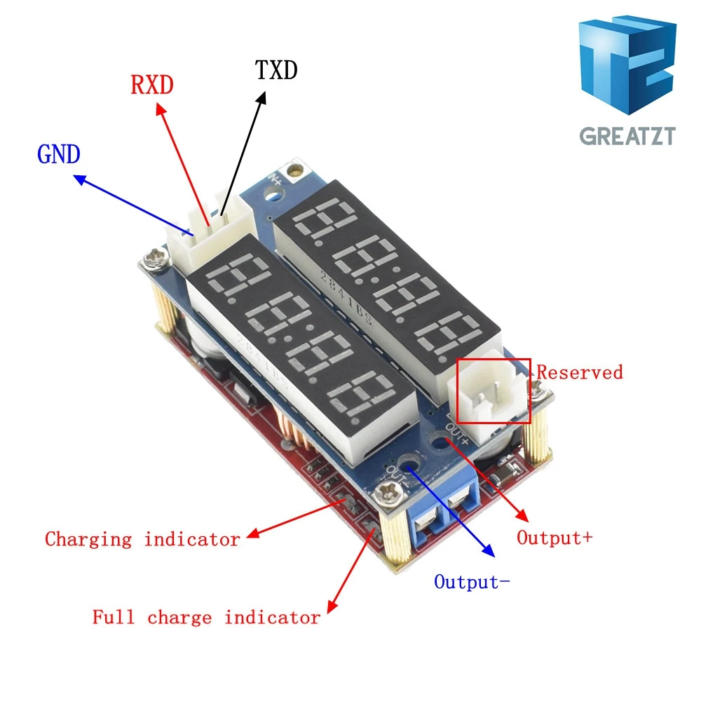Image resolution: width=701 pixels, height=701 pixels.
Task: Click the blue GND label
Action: click(59, 154)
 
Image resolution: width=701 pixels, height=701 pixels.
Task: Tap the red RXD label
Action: click(152, 85)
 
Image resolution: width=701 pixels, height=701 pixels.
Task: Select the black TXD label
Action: click(276, 70)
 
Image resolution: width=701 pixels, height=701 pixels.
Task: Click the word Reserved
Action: click(580, 372)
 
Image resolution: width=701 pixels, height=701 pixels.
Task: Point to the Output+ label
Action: click(554, 538)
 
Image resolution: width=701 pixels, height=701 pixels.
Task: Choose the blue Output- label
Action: click(472, 582)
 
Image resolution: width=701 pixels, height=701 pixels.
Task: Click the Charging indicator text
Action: click(142, 539)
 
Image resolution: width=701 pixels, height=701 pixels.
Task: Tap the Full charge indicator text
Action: click(206, 618)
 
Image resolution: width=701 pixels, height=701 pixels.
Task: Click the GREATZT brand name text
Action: click(627, 136)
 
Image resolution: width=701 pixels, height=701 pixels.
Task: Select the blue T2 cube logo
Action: click(627, 64)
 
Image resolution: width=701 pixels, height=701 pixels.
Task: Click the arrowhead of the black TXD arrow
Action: click(261, 98)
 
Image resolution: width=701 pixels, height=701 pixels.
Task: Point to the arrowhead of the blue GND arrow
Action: click(80, 179)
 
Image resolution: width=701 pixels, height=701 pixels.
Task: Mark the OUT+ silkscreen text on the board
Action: click(457, 434)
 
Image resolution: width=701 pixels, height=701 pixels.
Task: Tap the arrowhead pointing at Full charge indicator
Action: click(332, 606)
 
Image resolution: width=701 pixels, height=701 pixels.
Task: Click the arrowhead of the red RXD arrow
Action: click(161, 109)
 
